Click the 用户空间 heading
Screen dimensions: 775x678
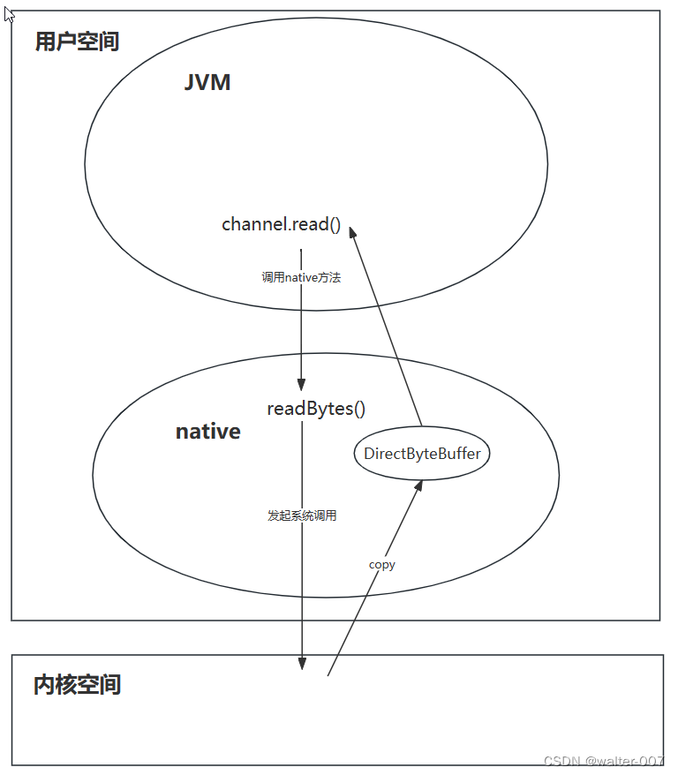pyautogui.click(x=77, y=41)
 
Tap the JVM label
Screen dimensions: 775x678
pyautogui.click(x=207, y=82)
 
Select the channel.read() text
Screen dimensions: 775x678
pyautogui.click(x=281, y=224)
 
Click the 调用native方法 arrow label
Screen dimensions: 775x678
pyautogui.click(x=301, y=277)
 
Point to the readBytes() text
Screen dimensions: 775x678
pyautogui.click(x=316, y=409)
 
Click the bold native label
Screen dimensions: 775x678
pyautogui.click(x=208, y=432)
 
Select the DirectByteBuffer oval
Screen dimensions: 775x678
pyautogui.click(x=422, y=454)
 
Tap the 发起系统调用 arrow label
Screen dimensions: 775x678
pyautogui.click(x=302, y=515)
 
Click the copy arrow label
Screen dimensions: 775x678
pyautogui.click(x=382, y=564)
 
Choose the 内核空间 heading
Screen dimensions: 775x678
pyautogui.click(x=77, y=684)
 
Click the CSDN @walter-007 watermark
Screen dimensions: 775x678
pyautogui.click(x=604, y=761)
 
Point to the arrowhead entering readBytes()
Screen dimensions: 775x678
pyautogui.click(x=301, y=385)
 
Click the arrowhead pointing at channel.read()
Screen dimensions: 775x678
pyautogui.click(x=352, y=232)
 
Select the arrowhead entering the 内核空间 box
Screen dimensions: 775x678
pyautogui.click(x=302, y=664)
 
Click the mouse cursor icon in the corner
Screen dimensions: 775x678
pyautogui.click(x=9, y=13)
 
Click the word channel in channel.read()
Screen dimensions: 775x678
pyautogui.click(x=251, y=224)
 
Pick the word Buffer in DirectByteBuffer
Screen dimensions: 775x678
pyautogui.click(x=458, y=454)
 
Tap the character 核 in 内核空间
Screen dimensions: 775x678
pyautogui.click(x=66, y=684)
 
